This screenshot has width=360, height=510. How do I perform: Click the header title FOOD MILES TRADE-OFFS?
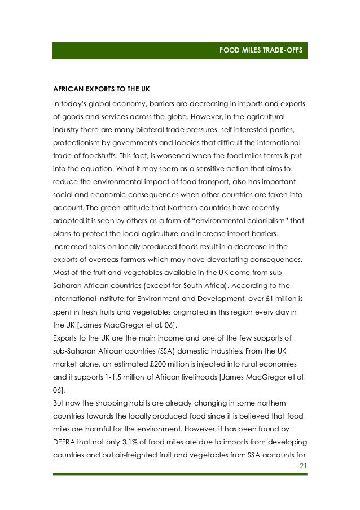(x=261, y=51)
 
